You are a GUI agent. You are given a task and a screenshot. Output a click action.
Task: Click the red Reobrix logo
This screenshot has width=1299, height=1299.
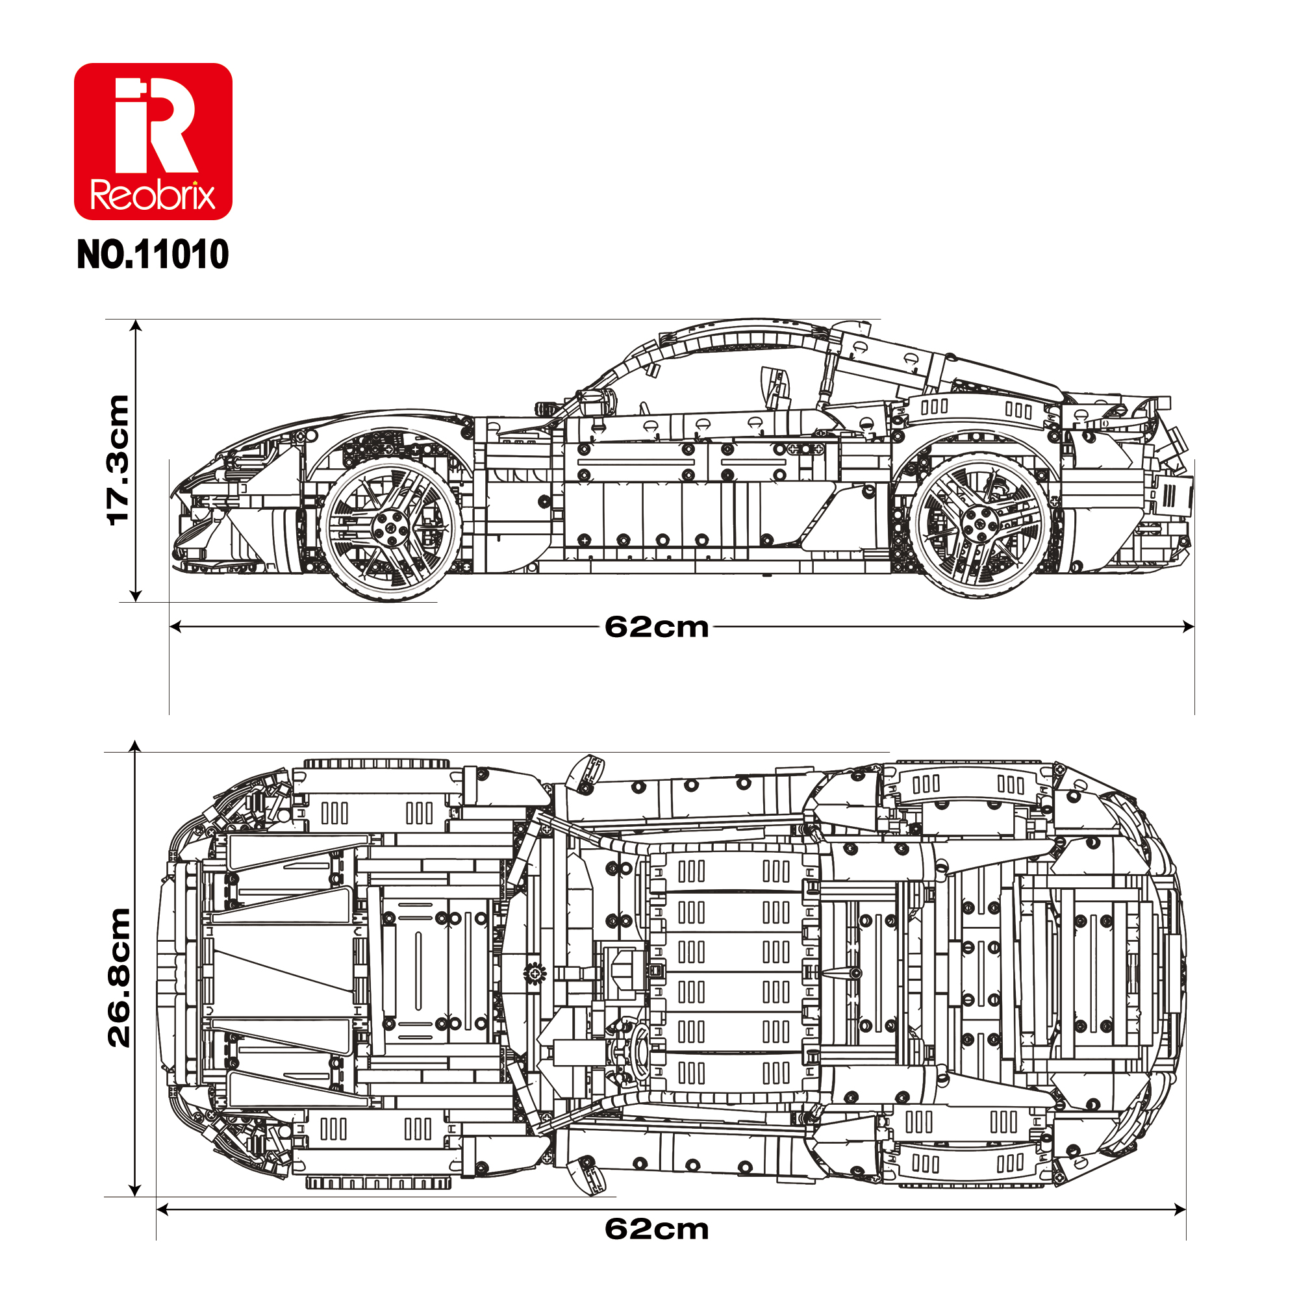pyautogui.click(x=153, y=141)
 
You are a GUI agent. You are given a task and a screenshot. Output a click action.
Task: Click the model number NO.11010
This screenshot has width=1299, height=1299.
pyautogui.click(x=153, y=255)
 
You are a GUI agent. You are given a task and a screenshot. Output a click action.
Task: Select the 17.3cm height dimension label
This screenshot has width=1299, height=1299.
pyautogui.click(x=118, y=460)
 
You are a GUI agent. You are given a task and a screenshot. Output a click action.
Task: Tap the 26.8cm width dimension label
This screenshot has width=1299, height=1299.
pyautogui.click(x=119, y=977)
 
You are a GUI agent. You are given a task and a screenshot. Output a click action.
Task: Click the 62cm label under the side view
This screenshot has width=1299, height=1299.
pyautogui.click(x=656, y=627)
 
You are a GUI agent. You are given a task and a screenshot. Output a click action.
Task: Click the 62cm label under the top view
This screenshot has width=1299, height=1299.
pyautogui.click(x=656, y=1230)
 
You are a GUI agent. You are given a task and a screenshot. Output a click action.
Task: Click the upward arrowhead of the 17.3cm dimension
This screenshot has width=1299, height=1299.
pyautogui.click(x=136, y=326)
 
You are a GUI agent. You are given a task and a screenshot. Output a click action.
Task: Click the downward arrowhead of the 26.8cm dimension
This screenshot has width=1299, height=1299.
pyautogui.click(x=135, y=1191)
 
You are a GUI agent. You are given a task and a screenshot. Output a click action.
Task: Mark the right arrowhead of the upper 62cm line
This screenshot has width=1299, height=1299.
pyautogui.click(x=1189, y=627)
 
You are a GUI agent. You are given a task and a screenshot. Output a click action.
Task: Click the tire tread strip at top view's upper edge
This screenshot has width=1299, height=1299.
pyautogui.click(x=377, y=764)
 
